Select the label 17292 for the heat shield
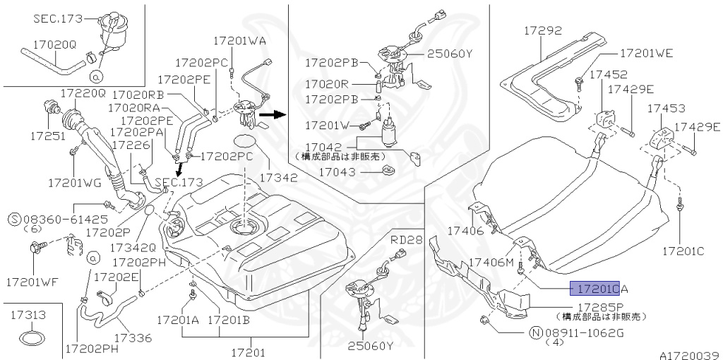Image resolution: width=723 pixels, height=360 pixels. coord(543,31)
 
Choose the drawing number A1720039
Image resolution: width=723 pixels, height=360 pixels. coord(689,355)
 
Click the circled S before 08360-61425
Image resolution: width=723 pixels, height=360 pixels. coord(14,219)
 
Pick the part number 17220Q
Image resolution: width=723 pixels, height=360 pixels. coord(83,93)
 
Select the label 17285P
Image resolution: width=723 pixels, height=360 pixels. coord(601,307)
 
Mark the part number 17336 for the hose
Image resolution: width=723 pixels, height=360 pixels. coord(133,338)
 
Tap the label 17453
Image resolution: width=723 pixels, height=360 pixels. coord(667,109)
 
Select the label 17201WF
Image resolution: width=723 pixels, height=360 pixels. coord(31,282)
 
